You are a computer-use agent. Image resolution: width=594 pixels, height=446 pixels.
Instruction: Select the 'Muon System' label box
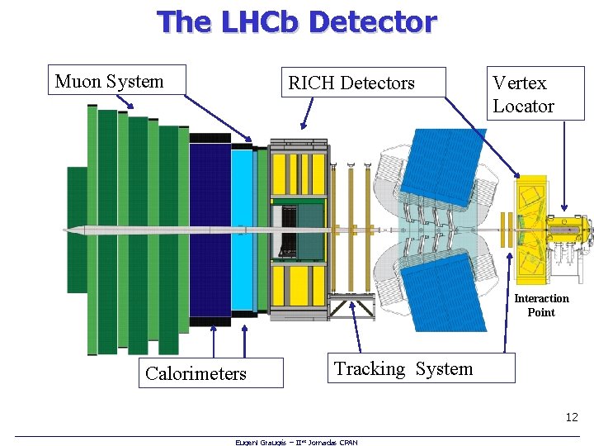click(x=116, y=80)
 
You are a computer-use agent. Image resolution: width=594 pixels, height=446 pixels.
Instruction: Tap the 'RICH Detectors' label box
click(x=362, y=83)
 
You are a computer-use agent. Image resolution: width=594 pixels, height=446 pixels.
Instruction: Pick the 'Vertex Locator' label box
click(x=535, y=93)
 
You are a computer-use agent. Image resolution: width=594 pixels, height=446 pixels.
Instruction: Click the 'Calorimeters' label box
click(x=213, y=372)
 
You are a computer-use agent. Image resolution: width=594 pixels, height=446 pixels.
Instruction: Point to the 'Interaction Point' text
click(x=541, y=305)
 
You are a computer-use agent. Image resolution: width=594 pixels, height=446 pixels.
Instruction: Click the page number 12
click(x=572, y=418)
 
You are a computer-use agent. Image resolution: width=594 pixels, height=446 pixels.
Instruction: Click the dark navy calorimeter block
click(x=210, y=228)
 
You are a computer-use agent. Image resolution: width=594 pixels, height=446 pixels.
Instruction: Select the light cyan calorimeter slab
click(x=243, y=230)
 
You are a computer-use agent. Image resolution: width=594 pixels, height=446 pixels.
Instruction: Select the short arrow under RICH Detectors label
click(x=307, y=113)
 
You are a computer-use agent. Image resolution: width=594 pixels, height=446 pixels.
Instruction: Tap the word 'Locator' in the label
click(x=523, y=106)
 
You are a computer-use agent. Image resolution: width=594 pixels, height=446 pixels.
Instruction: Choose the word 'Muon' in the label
click(x=74, y=81)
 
